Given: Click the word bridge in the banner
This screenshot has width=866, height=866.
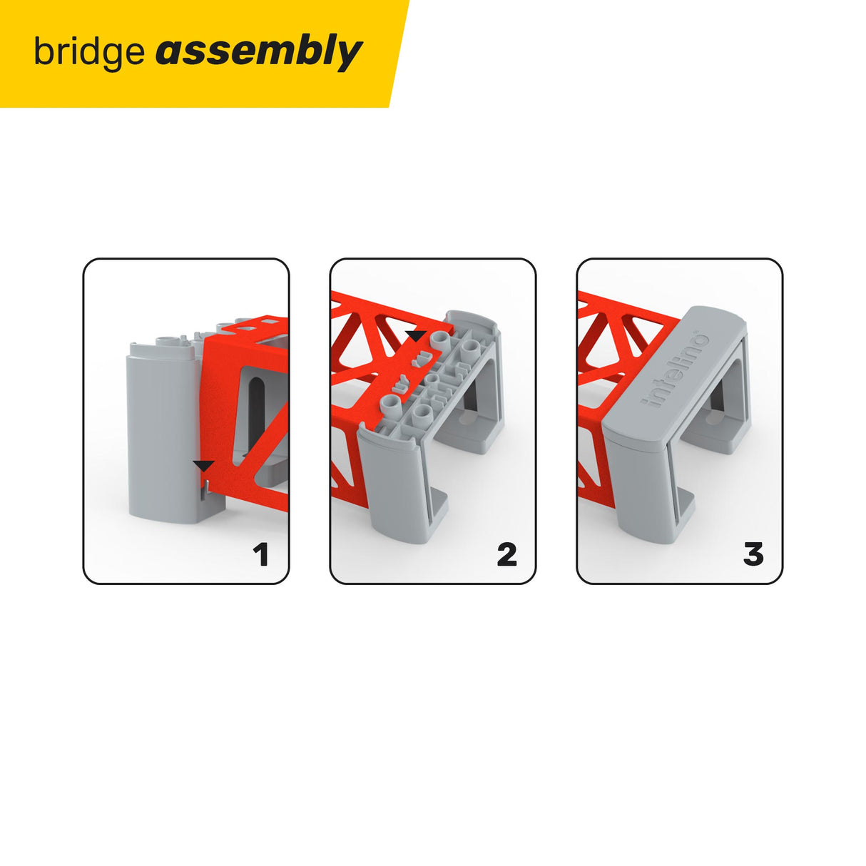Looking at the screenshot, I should (x=88, y=53).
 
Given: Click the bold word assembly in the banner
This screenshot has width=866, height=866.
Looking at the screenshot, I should (x=258, y=53).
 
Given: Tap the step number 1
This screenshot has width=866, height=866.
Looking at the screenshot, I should (x=261, y=554).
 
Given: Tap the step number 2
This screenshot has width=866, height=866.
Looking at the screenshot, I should (x=506, y=554).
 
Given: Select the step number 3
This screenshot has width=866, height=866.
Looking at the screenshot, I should (x=753, y=554).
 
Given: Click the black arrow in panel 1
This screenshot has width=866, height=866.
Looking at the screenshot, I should (x=203, y=466).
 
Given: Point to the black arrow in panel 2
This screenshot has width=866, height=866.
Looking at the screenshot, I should (x=415, y=335).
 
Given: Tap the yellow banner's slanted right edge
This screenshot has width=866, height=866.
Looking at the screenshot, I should (x=399, y=54).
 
